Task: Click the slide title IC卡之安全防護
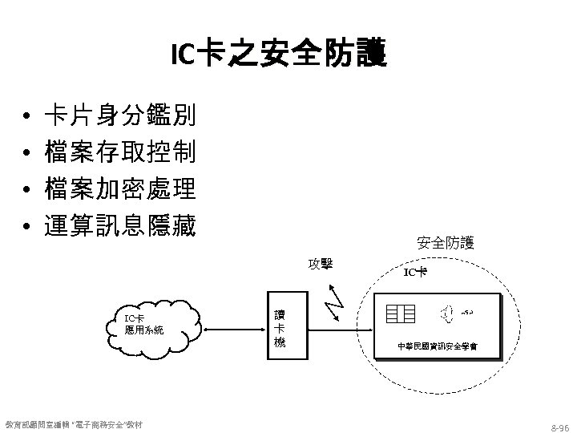(278, 55)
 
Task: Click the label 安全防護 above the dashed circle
(446, 241)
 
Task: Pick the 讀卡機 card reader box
(278, 328)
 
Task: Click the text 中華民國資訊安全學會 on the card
(438, 346)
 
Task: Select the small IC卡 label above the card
(415, 273)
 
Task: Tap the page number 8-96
(559, 424)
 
